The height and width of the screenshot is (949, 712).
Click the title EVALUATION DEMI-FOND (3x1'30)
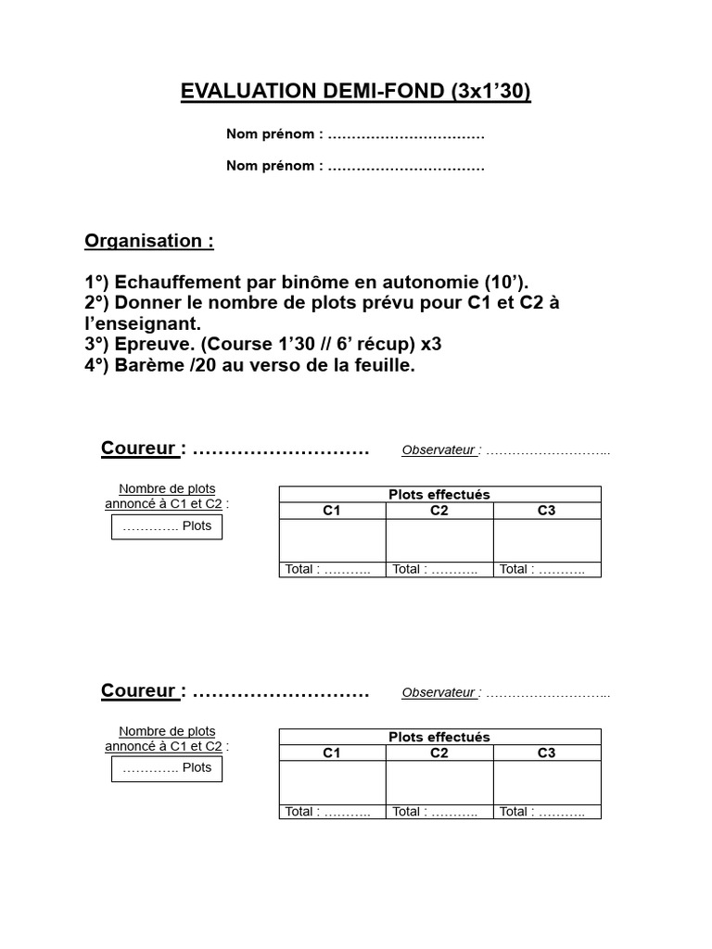(356, 92)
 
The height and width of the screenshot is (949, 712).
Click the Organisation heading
(148, 241)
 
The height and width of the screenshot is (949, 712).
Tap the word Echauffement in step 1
(176, 283)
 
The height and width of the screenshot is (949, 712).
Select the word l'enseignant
(142, 323)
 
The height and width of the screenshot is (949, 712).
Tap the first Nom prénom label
(274, 134)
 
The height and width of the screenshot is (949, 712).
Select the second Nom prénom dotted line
(406, 167)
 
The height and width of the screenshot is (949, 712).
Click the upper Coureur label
(139, 449)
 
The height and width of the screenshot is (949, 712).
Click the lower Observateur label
(439, 692)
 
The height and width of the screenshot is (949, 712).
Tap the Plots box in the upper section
(167, 526)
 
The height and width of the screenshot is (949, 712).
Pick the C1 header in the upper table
(332, 511)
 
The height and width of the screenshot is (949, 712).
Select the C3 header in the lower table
(547, 753)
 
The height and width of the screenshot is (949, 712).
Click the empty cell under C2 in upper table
(439, 540)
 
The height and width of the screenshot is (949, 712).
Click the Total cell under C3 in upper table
(547, 570)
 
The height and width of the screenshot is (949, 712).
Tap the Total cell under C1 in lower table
(332, 812)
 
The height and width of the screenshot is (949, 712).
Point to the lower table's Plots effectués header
(439, 737)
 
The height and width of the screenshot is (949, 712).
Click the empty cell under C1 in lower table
(332, 782)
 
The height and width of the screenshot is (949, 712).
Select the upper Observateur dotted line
(548, 451)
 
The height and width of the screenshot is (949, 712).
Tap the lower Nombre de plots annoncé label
(167, 739)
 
